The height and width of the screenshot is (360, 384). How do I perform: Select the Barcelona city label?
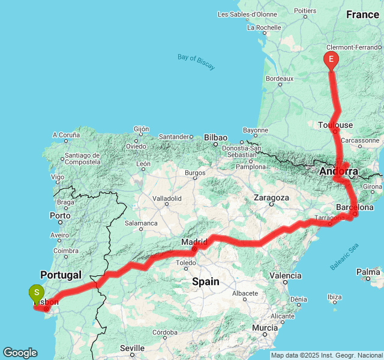[x=355, y=208]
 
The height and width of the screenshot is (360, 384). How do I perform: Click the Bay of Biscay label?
[x=196, y=62]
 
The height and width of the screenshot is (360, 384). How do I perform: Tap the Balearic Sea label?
[x=344, y=256]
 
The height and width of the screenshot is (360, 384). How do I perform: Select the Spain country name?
[x=205, y=281]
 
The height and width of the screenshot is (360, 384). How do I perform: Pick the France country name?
[x=362, y=15]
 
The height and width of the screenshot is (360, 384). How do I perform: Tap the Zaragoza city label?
[x=271, y=197]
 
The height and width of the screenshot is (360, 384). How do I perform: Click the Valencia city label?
[x=286, y=275]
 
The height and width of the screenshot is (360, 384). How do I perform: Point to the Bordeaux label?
[x=279, y=79]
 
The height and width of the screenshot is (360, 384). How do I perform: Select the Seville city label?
[x=132, y=348]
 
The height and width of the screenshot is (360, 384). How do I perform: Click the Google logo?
[x=20, y=353]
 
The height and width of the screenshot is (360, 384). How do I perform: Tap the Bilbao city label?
[x=215, y=137]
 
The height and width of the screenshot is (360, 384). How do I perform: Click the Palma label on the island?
[x=368, y=272]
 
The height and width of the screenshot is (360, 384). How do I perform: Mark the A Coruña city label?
[x=66, y=136]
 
